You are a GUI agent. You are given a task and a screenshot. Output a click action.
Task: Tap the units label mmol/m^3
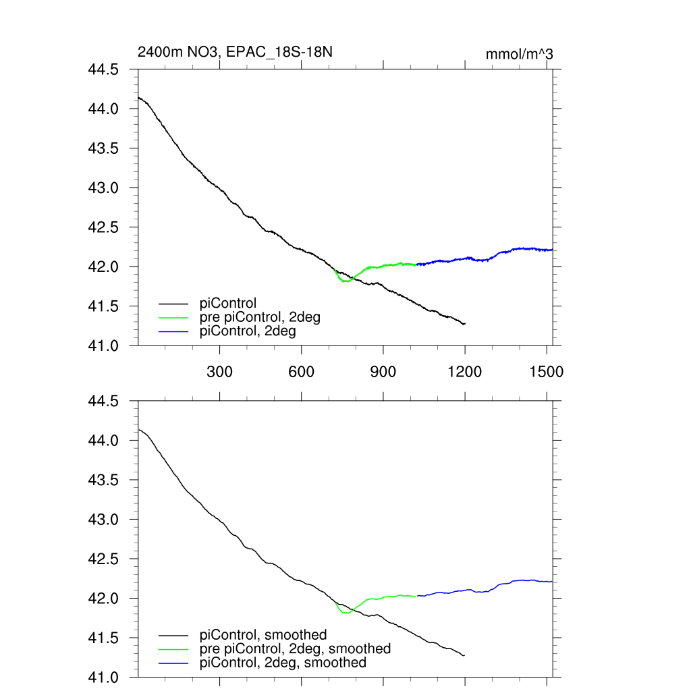point(519,55)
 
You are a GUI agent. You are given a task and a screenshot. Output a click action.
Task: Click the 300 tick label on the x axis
point(220,372)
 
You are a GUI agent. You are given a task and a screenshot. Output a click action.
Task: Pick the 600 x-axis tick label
point(302,372)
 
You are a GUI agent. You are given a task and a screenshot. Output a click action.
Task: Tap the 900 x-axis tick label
point(383,372)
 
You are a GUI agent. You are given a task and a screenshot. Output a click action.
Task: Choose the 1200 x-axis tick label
point(465,372)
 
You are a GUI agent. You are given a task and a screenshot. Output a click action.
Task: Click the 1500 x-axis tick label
point(547,372)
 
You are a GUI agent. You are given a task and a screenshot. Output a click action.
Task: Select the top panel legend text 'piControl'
point(229,304)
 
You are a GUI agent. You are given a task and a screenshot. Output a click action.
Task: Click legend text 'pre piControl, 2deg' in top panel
point(260,317)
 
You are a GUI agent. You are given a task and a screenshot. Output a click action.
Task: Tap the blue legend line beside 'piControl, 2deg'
point(173,332)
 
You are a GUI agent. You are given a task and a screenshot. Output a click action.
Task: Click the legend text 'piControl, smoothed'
point(263,635)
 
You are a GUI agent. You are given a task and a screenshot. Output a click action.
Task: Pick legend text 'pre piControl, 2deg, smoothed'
point(295,648)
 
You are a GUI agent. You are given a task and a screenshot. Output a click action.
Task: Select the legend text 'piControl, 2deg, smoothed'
point(283,663)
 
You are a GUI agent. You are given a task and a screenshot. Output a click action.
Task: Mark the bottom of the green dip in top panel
point(345,281)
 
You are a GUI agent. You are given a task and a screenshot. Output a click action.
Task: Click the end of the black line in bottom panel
point(464,655)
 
